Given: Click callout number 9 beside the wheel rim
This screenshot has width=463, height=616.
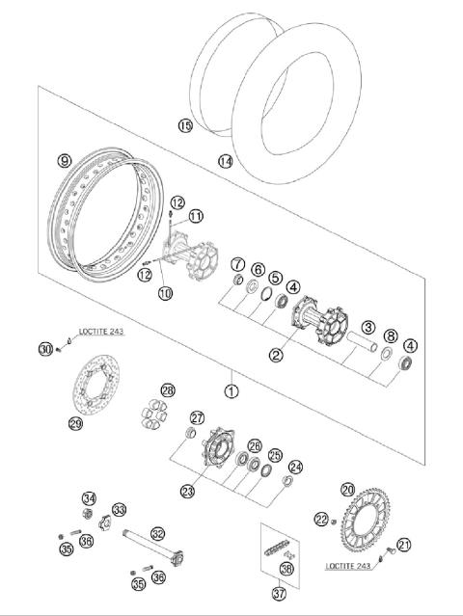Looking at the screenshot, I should tap(65, 161).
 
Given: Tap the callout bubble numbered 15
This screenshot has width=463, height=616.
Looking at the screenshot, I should tap(185, 125).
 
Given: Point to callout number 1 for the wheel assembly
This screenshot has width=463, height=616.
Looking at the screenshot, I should tap(231, 391).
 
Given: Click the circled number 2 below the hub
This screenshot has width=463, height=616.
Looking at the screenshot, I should tap(276, 355).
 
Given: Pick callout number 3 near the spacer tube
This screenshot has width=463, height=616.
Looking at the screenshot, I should tap(368, 328).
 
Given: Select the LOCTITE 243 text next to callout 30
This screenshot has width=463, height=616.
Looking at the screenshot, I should tap(100, 331).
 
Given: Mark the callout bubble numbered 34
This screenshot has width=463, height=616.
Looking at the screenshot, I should tap(89, 498).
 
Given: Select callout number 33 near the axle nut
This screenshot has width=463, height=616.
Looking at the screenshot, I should tap(119, 509).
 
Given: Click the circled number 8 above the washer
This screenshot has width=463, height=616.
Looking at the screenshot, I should tap(389, 336).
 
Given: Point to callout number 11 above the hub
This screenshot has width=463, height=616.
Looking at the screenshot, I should tap(197, 216).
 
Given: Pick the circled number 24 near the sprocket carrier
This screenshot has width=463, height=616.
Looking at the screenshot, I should tap(295, 467).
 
